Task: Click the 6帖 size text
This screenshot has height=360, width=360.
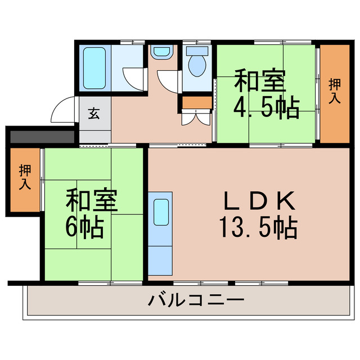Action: tap(84, 226)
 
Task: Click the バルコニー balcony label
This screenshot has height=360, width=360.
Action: tap(196, 299)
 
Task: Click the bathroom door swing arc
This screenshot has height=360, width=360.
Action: tap(134, 79)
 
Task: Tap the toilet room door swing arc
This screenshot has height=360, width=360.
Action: tap(169, 82)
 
